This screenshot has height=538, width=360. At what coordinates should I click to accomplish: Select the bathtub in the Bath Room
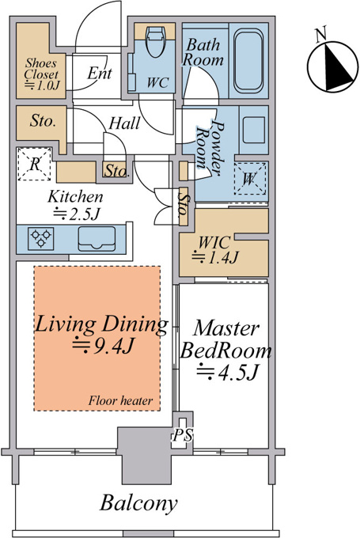(249, 61)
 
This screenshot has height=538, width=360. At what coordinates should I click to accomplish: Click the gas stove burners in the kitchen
(41, 238)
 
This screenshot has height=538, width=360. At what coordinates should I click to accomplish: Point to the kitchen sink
(97, 239)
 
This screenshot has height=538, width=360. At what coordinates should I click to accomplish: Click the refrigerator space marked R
(34, 164)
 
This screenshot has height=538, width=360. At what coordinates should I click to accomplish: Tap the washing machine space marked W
(250, 179)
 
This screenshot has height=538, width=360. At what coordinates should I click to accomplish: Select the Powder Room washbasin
(254, 130)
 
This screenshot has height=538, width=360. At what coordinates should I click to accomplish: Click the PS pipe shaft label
(182, 435)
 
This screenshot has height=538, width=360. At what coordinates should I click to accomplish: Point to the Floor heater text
(120, 400)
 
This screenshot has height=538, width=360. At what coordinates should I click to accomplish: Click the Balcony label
(138, 504)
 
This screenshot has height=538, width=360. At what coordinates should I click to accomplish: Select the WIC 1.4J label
(215, 250)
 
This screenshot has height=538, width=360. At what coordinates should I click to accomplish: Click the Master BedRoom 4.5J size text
(227, 372)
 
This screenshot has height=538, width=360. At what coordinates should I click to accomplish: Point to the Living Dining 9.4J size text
(103, 346)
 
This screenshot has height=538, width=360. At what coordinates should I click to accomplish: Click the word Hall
(124, 123)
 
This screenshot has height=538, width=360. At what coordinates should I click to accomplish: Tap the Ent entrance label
(100, 73)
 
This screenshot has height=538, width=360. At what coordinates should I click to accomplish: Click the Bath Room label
(203, 52)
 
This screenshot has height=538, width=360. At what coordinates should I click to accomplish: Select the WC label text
(158, 83)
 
